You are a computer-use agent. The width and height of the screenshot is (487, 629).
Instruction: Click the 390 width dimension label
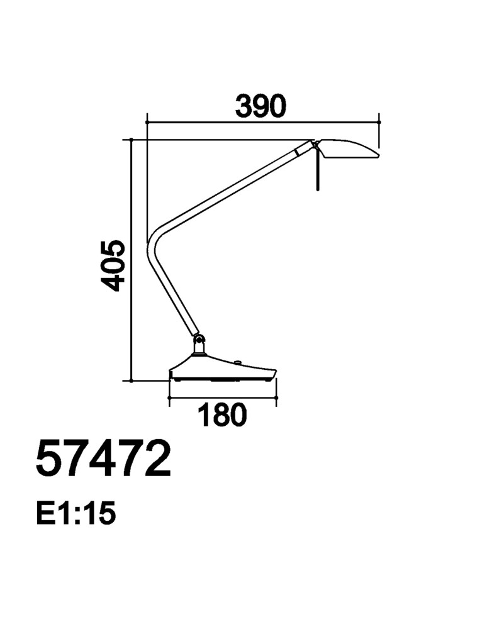[260, 106]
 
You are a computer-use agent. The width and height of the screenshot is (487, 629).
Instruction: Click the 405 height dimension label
[113, 266]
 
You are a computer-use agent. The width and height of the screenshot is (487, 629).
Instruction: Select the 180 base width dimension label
[222, 415]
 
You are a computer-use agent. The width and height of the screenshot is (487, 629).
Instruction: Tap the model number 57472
[103, 458]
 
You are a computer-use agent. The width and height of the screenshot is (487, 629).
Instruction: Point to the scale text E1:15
[76, 513]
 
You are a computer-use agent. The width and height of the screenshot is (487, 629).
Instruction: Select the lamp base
[223, 368]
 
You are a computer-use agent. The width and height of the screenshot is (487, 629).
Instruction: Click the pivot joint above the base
[199, 343]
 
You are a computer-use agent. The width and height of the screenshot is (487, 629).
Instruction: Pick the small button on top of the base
[237, 363]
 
